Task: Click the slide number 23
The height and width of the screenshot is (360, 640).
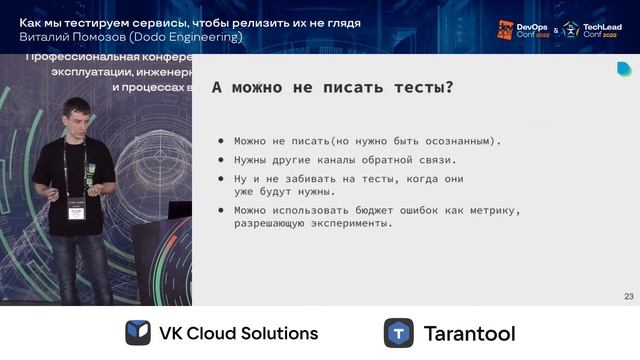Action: pos(628,296)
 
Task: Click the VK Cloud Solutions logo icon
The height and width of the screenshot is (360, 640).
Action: pos(138,333)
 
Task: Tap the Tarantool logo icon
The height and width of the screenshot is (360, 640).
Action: pos(399,333)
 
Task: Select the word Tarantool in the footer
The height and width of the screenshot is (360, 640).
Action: pos(469,333)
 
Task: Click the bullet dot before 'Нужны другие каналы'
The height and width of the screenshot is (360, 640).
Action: pos(221,160)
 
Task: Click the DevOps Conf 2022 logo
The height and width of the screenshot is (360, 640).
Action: pos(522,29)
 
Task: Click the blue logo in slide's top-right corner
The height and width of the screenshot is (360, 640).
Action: pos(624,68)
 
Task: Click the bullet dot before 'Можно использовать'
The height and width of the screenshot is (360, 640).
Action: pos(221,210)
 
